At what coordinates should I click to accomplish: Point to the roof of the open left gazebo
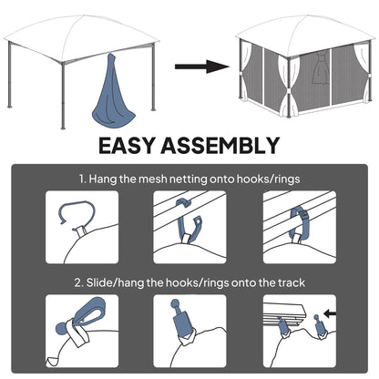[x=78, y=25]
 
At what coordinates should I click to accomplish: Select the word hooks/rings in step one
[x=268, y=179]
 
